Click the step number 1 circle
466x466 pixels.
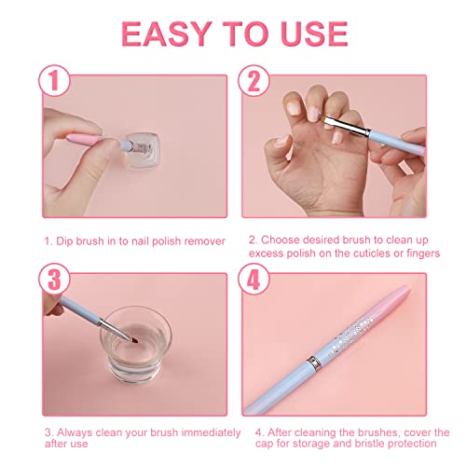coord(56,82)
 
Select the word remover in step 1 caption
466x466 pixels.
coord(199,240)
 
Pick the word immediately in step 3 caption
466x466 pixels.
coord(203,432)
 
